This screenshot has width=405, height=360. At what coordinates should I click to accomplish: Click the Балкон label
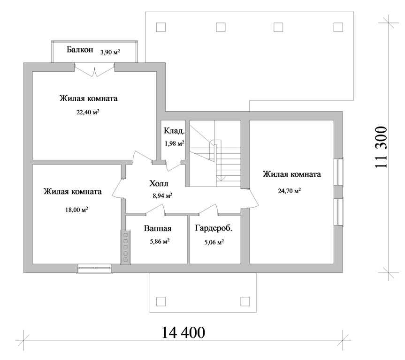(80, 49)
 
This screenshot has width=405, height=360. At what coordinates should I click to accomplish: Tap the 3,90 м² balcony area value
(110, 52)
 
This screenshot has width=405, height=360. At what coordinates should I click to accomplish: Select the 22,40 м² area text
(88, 112)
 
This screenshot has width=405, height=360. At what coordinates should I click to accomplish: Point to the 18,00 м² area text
(76, 210)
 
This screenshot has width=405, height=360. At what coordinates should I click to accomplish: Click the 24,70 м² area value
(289, 191)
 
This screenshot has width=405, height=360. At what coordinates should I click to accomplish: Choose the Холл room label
(159, 183)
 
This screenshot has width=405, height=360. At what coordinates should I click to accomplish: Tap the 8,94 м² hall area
(162, 195)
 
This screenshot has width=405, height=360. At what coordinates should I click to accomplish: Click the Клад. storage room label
(175, 131)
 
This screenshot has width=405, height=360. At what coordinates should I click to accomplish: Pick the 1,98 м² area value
(175, 143)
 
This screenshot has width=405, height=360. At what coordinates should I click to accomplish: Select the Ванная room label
(158, 228)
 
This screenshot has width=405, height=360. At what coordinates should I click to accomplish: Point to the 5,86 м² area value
(160, 241)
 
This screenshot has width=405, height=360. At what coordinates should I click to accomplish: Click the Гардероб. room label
(214, 228)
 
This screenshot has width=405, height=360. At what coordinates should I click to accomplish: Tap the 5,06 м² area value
(214, 242)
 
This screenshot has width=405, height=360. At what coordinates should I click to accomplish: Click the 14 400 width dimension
(183, 332)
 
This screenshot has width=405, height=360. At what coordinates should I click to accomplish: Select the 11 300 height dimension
(381, 147)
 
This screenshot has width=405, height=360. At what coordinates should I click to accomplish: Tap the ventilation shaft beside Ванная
(125, 247)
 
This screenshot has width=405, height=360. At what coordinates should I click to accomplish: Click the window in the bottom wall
(95, 269)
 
